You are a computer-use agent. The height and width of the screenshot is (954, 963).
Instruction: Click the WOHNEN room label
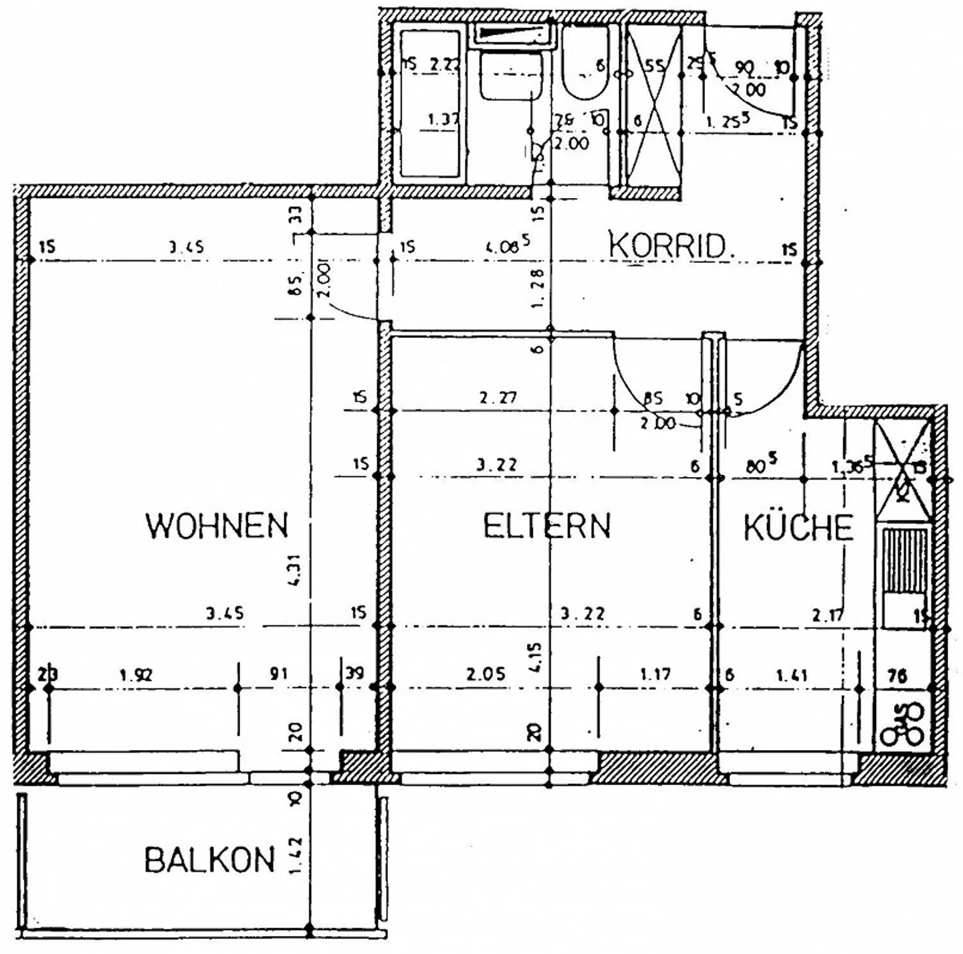click(x=217, y=526)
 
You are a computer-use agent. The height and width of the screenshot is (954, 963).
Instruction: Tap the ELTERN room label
click(x=546, y=526)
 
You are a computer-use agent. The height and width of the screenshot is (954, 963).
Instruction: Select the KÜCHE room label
click(x=798, y=528)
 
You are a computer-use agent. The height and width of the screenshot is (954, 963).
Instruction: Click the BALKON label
click(x=209, y=860)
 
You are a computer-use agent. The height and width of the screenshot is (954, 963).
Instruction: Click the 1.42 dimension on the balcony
click(x=296, y=856)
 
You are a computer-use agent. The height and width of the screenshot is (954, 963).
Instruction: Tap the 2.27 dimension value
click(x=498, y=398)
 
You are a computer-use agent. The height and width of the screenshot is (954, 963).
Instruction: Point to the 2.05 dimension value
click(x=486, y=674)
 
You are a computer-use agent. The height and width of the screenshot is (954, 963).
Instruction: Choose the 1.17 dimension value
click(x=655, y=674)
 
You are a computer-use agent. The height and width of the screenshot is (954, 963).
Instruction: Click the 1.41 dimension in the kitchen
click(x=792, y=676)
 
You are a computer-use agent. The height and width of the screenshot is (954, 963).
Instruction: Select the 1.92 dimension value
click(x=136, y=675)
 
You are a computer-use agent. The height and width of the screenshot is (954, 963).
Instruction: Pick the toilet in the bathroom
click(x=584, y=67)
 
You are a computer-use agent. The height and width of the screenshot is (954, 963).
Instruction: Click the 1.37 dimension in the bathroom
click(x=443, y=120)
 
